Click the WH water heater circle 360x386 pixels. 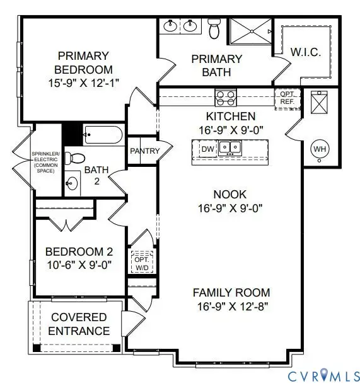click(x=320, y=149)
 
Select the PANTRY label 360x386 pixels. click(x=144, y=151)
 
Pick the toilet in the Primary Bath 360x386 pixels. click(x=214, y=28)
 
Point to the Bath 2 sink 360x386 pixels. click(x=73, y=184)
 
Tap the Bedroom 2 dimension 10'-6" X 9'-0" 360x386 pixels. click(x=79, y=265)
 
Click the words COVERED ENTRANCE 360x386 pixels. click(x=79, y=324)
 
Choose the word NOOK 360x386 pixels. click(x=231, y=195)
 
